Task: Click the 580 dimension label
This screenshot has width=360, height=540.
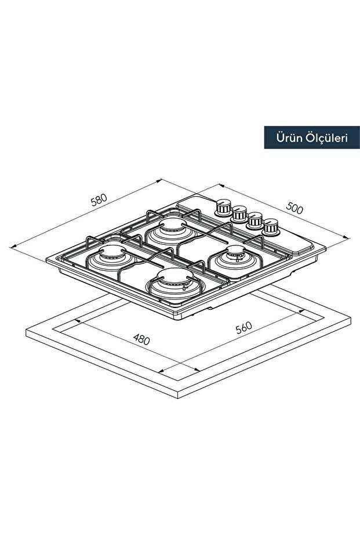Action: [x=99, y=200]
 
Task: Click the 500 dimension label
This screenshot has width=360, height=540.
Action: [x=294, y=208]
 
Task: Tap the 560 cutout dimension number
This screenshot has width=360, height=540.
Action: [x=244, y=328]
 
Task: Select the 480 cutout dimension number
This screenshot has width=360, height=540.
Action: [x=141, y=339]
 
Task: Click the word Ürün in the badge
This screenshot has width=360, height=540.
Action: [x=289, y=138]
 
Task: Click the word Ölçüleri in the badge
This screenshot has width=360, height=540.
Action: [x=326, y=138]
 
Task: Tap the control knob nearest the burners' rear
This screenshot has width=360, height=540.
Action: [x=223, y=207]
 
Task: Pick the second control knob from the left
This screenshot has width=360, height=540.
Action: [x=239, y=214]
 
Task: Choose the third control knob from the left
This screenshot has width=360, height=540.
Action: [x=255, y=221]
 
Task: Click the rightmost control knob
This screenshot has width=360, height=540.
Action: [x=271, y=227]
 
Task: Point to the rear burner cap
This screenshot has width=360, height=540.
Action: [x=172, y=225]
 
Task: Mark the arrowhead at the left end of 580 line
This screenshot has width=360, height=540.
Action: [x=13, y=246]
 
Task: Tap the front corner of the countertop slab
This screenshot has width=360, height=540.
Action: [x=178, y=398]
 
